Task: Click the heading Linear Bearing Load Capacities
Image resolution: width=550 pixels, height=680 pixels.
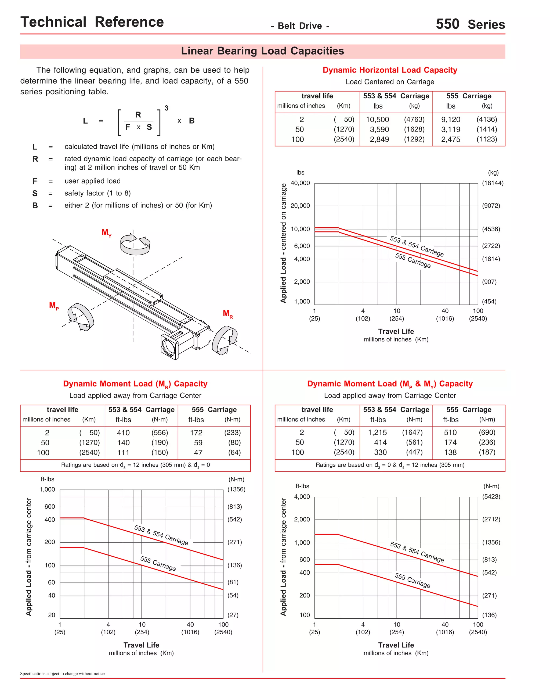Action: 262,51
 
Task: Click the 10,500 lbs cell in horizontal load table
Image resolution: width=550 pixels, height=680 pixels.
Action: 377,120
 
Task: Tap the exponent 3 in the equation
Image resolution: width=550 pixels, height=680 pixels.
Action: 166,108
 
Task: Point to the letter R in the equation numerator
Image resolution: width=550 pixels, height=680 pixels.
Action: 138,115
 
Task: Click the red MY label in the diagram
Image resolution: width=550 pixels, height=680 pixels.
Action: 106,232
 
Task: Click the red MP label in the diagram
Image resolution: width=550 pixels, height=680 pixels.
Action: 53,306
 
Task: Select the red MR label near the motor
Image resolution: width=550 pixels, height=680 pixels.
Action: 227,314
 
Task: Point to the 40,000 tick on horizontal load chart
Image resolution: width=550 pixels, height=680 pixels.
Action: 300,183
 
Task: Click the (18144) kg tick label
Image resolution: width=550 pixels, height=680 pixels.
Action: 492,183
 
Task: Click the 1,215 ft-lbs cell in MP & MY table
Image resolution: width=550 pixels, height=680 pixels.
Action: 377,432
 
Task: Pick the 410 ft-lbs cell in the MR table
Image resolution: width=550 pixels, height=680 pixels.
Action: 123,433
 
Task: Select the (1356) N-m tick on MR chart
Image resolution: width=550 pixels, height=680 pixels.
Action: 236,489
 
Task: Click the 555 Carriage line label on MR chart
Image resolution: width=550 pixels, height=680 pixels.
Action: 158,563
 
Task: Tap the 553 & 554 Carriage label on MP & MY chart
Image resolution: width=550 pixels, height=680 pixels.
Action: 417,552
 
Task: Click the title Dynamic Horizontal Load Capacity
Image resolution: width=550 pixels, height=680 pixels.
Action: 390,70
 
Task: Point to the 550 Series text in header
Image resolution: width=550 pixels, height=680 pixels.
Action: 470,24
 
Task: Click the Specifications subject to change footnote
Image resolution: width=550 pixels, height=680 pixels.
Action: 62,673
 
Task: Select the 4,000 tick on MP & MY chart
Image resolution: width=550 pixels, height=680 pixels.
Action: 302,496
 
